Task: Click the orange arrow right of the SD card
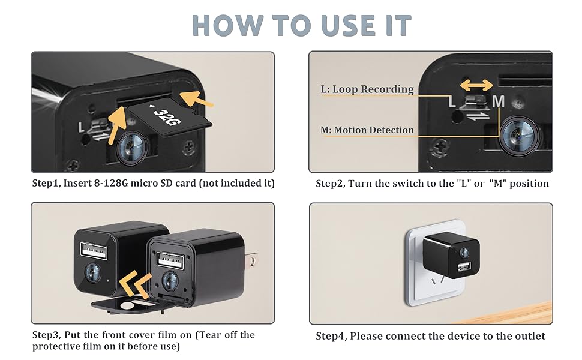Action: pyautogui.click(x=197, y=98)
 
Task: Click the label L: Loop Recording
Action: pyautogui.click(x=367, y=89)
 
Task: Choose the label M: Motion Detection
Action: pyautogui.click(x=367, y=130)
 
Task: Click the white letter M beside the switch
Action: pyautogui.click(x=498, y=103)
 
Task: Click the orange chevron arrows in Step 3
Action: pyautogui.click(x=135, y=281)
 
